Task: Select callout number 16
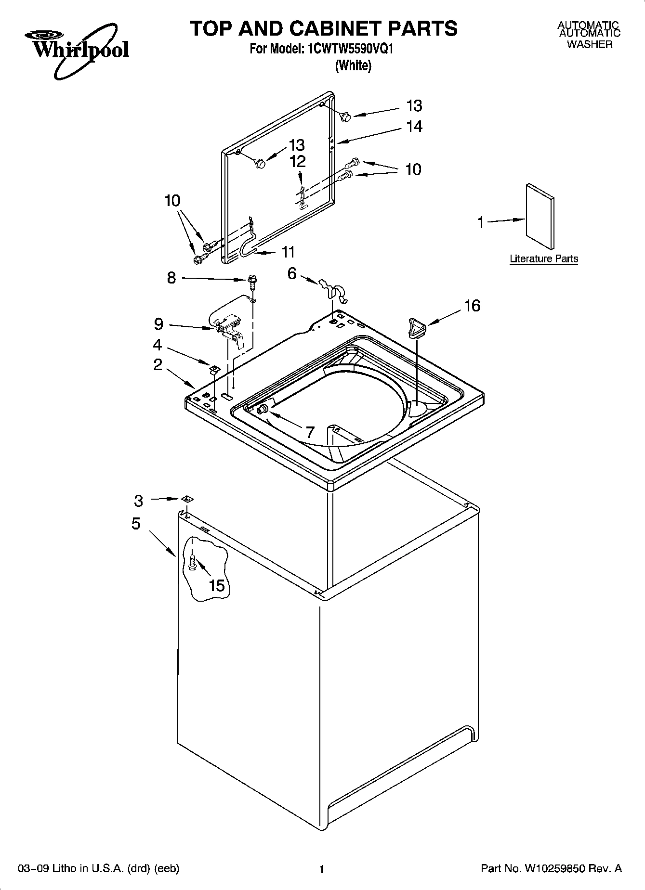point(472,306)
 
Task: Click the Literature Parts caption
point(544,259)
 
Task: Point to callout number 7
point(310,431)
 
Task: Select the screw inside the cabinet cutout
point(192,563)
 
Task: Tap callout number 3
point(139,501)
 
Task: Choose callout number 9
point(158,324)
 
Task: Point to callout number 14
point(414,126)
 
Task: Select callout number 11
point(288,252)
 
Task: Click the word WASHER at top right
point(589,45)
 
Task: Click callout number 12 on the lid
point(298,161)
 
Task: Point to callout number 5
point(136,523)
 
